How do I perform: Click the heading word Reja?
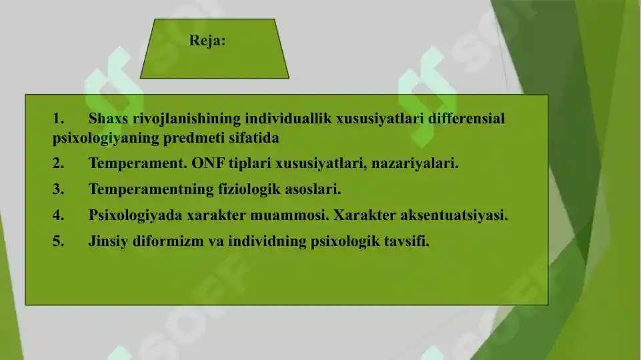(207, 41)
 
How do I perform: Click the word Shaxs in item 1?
(108, 119)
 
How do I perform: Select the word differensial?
(466, 119)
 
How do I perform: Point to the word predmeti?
(194, 139)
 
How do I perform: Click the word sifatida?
(254, 138)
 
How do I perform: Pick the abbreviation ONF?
(208, 163)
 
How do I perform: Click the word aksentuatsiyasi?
(454, 215)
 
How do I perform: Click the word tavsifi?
(406, 241)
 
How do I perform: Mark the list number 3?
(58, 189)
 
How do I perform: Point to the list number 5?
(58, 241)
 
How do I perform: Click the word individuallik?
(288, 119)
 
